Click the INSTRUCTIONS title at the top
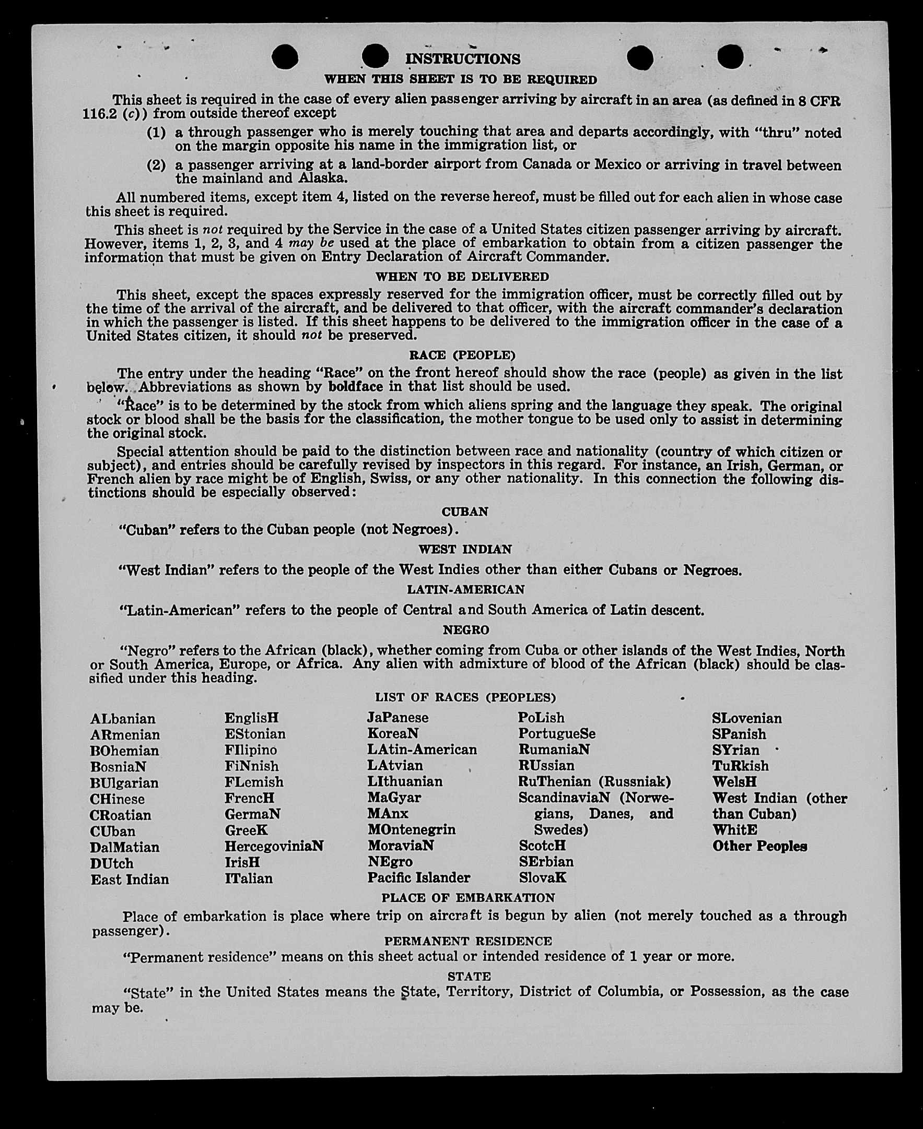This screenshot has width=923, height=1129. (x=463, y=58)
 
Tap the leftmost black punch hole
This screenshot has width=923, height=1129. (x=285, y=57)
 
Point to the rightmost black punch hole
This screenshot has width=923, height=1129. (x=730, y=56)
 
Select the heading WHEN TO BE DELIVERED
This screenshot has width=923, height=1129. (x=462, y=277)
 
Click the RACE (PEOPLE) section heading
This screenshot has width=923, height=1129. (x=462, y=355)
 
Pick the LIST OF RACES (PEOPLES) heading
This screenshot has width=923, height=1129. (x=465, y=697)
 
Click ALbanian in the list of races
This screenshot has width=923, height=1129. (x=123, y=719)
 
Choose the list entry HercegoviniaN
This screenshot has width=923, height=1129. (x=274, y=846)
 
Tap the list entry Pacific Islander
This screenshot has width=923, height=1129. (x=418, y=877)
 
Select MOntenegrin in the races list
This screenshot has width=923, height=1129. (x=411, y=829)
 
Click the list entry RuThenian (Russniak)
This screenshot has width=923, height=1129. (x=594, y=781)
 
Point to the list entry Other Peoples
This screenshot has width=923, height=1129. (x=760, y=846)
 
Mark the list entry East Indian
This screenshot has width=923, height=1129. (x=130, y=880)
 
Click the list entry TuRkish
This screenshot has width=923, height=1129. (x=740, y=766)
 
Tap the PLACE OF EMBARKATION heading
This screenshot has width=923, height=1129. (x=468, y=897)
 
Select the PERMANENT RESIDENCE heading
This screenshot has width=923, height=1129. (x=468, y=941)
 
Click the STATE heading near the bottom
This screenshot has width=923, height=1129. (x=469, y=976)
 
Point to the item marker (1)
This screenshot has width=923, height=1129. (x=156, y=132)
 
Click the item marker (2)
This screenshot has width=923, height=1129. (x=156, y=165)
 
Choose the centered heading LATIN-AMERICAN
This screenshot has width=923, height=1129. (x=465, y=589)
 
